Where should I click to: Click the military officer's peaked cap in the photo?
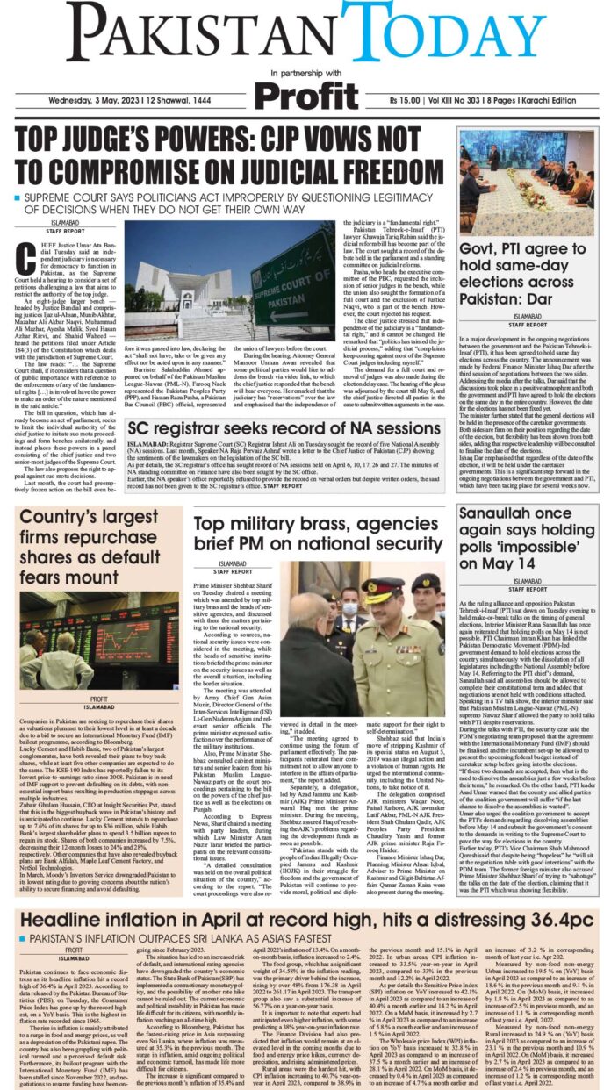(384, 585)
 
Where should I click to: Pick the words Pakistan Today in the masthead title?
(305, 34)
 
